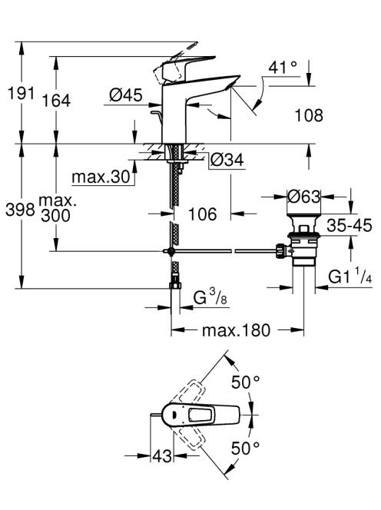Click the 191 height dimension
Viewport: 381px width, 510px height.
22,94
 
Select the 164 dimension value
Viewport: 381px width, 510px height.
56,101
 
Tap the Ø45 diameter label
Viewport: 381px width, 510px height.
126,95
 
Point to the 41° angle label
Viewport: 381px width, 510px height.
283,68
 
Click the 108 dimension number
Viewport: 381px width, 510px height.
309,115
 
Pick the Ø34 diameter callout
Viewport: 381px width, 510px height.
227,160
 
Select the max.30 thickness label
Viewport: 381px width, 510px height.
101,177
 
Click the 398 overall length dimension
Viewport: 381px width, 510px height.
20,210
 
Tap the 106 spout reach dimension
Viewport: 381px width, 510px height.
202,214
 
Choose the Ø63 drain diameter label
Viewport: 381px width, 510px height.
304,197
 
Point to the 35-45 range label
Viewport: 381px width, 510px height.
349,225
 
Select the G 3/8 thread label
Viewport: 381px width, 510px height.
210,296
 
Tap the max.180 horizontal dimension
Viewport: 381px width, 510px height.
236,330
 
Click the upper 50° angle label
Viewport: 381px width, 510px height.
246,382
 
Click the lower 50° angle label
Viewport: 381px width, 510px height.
246,449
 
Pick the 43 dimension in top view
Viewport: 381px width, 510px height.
162,455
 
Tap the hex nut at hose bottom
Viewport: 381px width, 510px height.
175,286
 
